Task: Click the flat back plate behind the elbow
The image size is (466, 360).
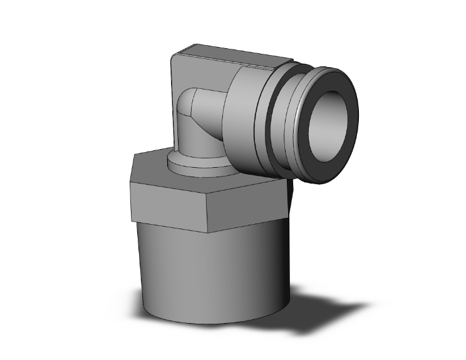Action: [182, 75]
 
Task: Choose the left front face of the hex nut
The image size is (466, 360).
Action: [169, 203]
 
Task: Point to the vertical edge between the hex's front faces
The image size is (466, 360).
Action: [210, 207]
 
